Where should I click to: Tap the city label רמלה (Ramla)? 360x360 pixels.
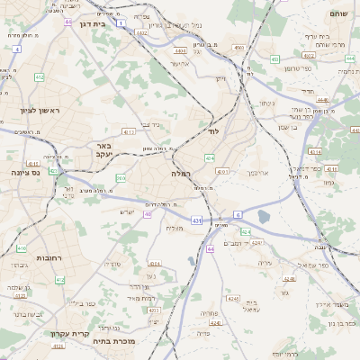click(181, 173)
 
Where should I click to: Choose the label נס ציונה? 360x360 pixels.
click(26, 171)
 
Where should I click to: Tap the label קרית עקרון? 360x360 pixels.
click(68, 334)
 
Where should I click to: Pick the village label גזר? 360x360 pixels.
click(284, 293)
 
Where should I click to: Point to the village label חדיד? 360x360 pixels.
click(305, 91)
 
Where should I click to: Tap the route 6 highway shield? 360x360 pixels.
click(238, 214)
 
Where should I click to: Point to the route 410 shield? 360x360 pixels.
click(22, 248)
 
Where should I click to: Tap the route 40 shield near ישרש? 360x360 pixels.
click(148, 214)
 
